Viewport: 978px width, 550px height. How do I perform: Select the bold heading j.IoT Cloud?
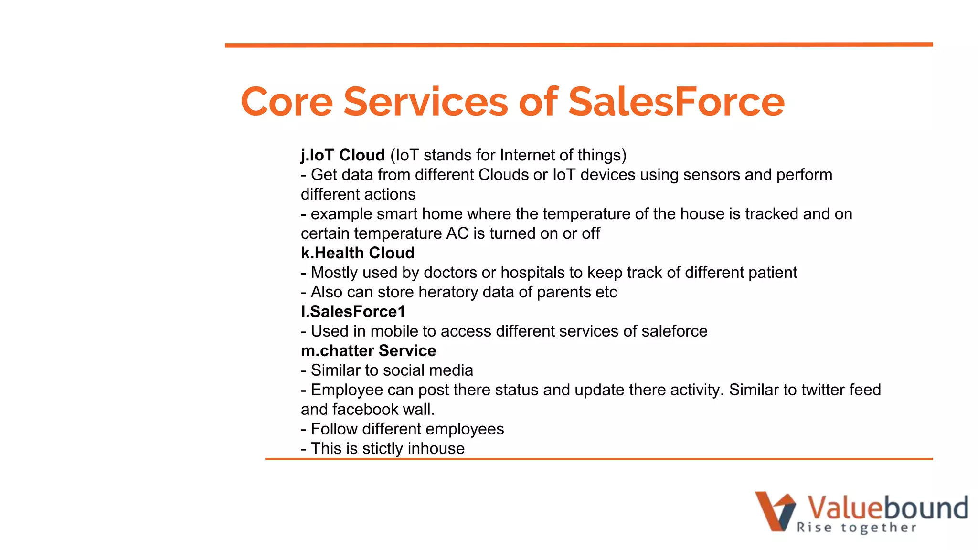click(343, 155)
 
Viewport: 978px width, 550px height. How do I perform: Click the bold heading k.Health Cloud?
click(358, 253)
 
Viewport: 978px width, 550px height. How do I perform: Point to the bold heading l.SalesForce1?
click(353, 312)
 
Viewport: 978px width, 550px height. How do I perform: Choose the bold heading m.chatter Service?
click(368, 351)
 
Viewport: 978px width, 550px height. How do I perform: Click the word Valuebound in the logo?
click(887, 508)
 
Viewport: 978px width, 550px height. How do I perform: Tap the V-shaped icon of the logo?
click(775, 511)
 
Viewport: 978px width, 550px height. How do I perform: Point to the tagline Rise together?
click(856, 528)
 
